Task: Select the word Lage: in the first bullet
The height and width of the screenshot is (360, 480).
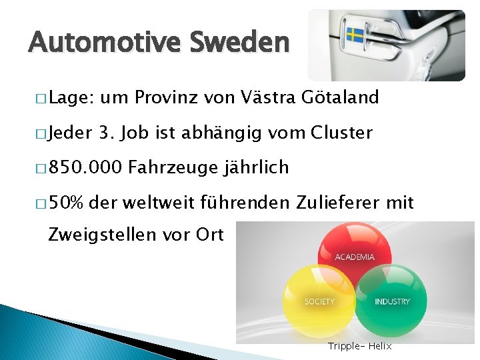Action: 70,98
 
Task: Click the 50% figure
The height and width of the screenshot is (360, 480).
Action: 65,202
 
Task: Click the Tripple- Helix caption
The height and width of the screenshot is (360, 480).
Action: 360,346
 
